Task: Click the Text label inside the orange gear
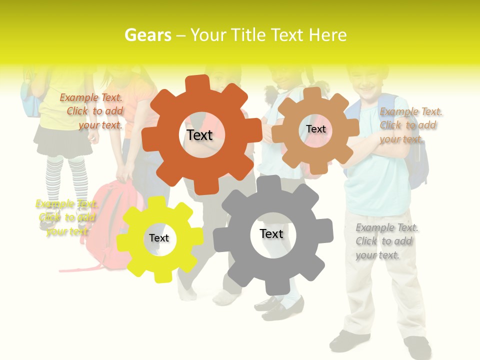pos(199,135)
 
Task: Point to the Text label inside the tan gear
pos(315,129)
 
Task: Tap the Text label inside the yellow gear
pos(159,238)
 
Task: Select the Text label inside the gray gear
pos(271,233)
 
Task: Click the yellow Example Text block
pos(66,217)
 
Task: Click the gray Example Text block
pos(386,241)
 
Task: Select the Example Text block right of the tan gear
pos(410,125)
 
